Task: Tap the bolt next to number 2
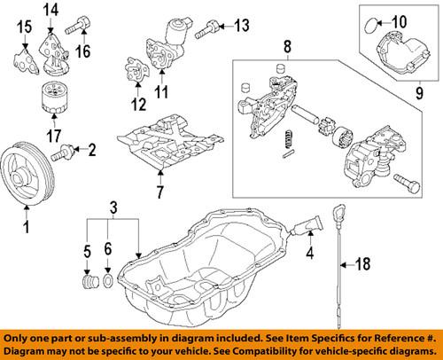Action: (x=65, y=153)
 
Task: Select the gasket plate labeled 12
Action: (x=136, y=72)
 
